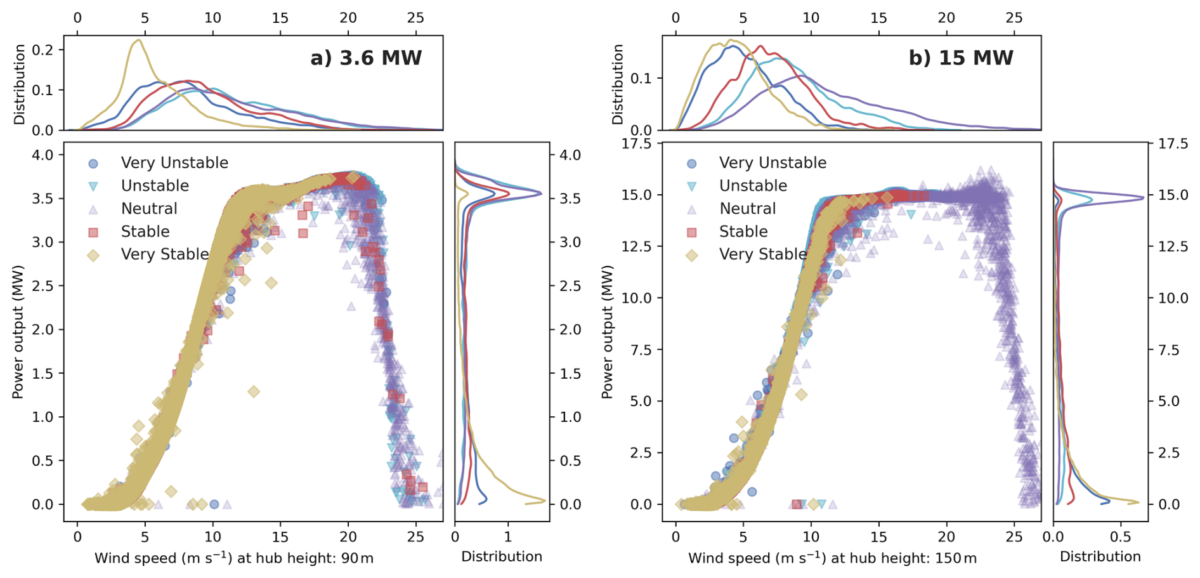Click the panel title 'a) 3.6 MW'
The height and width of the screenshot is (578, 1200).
coord(366,58)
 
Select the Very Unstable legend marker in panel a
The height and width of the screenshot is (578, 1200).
coord(93,164)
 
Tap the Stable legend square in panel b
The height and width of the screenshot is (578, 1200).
coord(691,232)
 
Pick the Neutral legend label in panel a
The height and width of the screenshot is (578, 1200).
coord(149,209)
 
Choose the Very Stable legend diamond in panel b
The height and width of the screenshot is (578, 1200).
coord(691,255)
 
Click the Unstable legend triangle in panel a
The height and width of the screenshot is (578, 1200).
coord(93,187)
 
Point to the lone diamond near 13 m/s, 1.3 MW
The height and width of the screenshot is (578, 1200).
coord(254,391)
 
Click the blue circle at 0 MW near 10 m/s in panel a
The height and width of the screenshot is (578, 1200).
coord(214,504)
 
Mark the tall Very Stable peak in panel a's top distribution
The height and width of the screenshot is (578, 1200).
coord(138,41)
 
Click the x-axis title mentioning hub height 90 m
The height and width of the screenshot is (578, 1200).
coord(233,559)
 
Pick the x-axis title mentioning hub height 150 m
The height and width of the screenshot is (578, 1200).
coord(832,559)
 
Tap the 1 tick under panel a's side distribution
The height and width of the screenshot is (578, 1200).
coord(508,537)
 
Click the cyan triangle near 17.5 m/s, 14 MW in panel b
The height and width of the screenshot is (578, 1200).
coord(911,215)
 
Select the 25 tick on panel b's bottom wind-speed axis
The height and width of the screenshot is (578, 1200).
coord(1014,537)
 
